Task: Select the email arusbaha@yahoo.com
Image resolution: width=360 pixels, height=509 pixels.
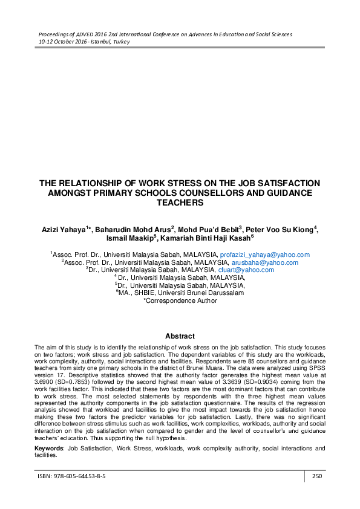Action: pos(266,262)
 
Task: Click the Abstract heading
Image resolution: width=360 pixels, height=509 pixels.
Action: pos(180,336)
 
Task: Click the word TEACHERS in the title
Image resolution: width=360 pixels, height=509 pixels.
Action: pos(180,203)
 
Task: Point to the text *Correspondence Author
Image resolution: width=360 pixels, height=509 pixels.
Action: pos(180,300)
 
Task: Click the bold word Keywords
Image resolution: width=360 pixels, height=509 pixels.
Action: pos(48,449)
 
